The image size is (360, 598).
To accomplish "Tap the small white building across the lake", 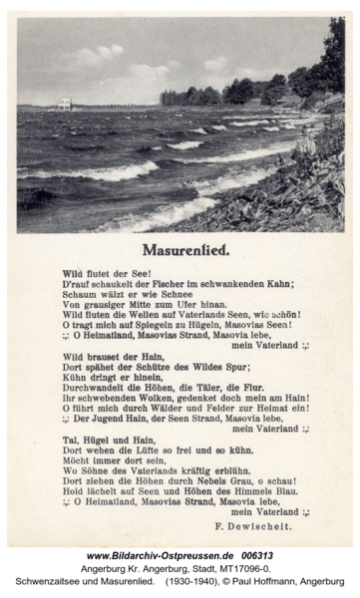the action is click(x=65, y=103).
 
